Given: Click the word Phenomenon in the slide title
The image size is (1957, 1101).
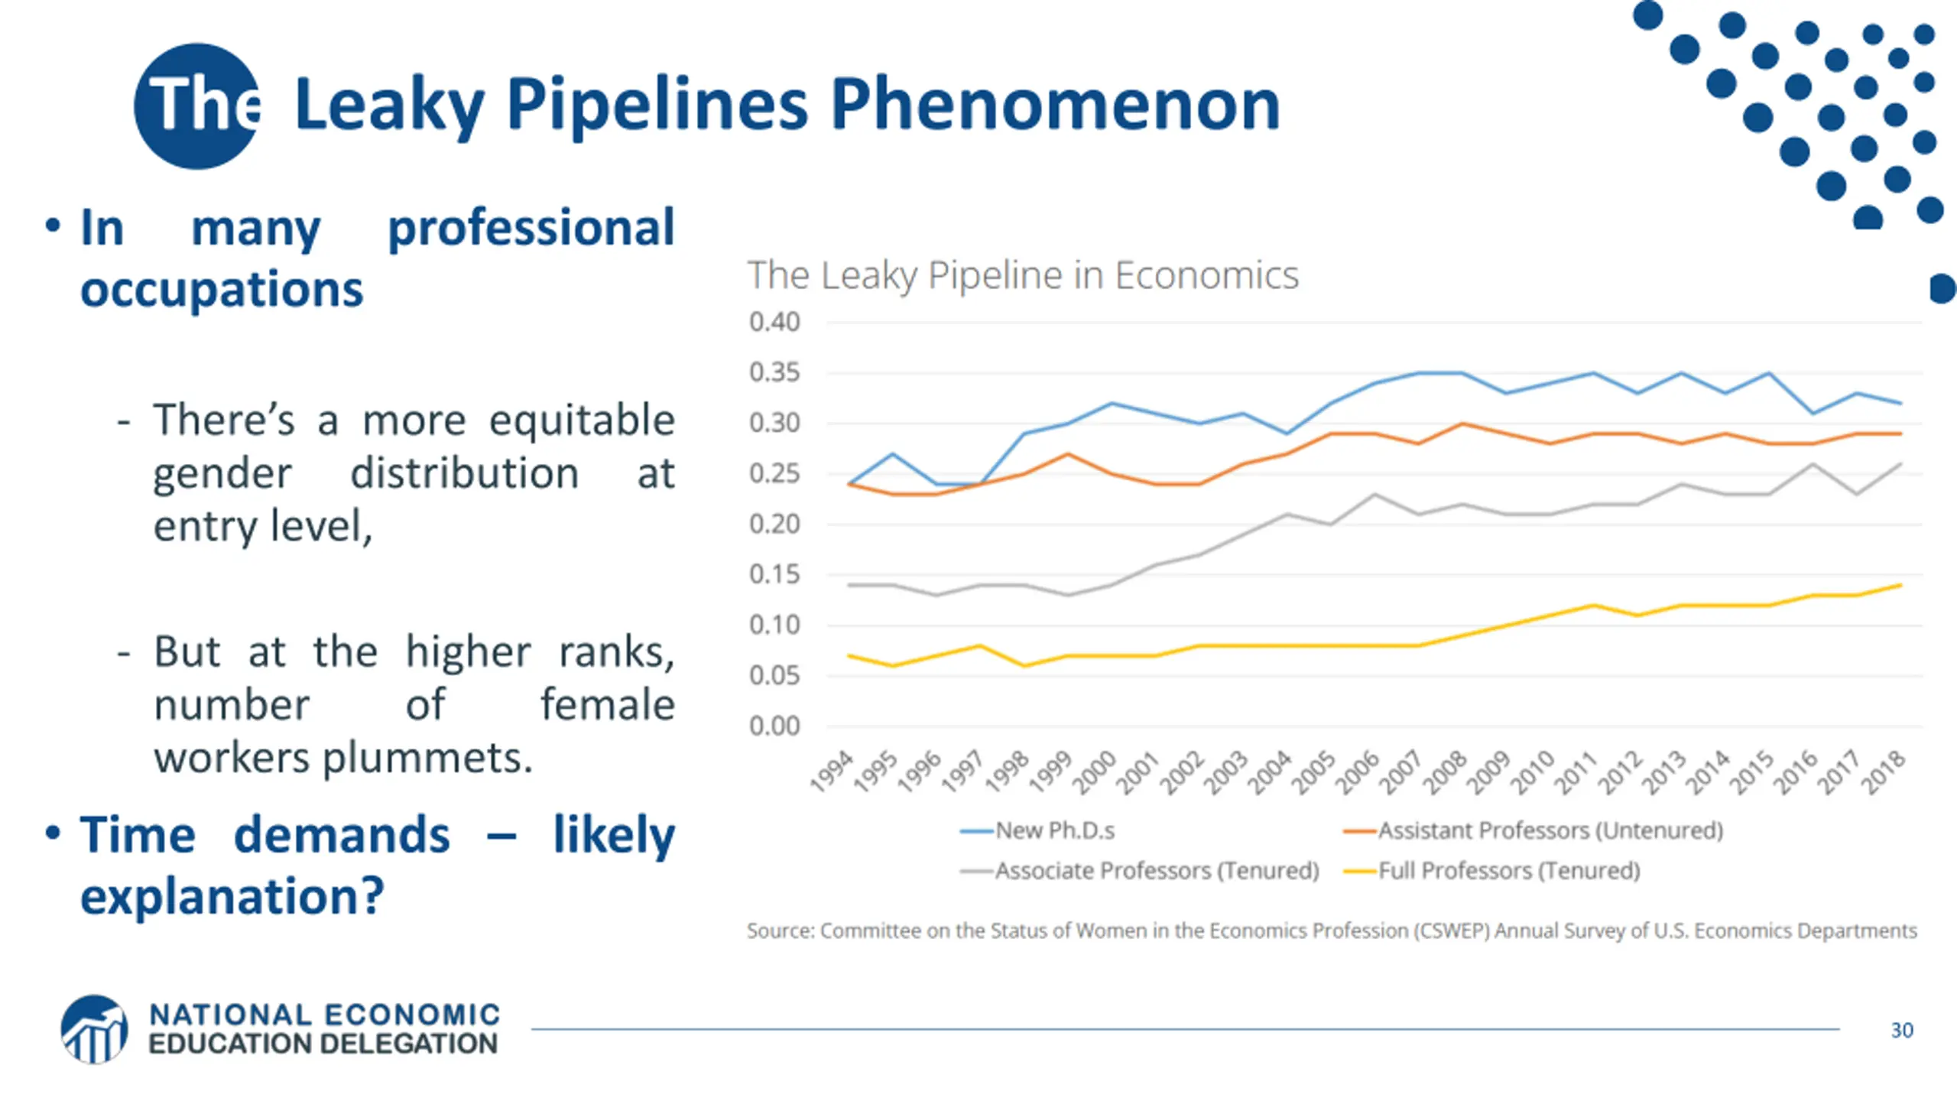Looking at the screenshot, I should coord(1055,106).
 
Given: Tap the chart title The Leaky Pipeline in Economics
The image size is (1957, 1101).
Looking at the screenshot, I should coord(1022,275).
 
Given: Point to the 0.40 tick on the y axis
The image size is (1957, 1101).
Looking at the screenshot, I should coord(774,322).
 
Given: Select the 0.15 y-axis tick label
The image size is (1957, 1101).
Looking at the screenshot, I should coord(774,574).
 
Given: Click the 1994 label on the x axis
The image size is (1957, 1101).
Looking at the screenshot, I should coord(832,770).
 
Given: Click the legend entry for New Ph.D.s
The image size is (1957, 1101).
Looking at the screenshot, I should coord(1055,830).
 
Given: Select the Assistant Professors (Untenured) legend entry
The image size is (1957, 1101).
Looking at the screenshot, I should coord(1550,830).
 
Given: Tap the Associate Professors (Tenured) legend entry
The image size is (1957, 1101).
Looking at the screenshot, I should coord(1157,871).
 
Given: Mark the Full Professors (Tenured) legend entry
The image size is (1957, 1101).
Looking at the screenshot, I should coord(1508,871).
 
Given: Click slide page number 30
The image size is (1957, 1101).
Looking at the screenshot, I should coord(1902,1030).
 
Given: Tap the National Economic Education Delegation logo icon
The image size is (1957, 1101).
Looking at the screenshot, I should coord(94,1029).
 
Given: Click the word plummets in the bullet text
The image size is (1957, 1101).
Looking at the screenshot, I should coord(427,758).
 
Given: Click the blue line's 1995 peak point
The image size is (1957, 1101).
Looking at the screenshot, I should coord(893,454).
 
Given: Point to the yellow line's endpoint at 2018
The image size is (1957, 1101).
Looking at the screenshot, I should coord(1900,586).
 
